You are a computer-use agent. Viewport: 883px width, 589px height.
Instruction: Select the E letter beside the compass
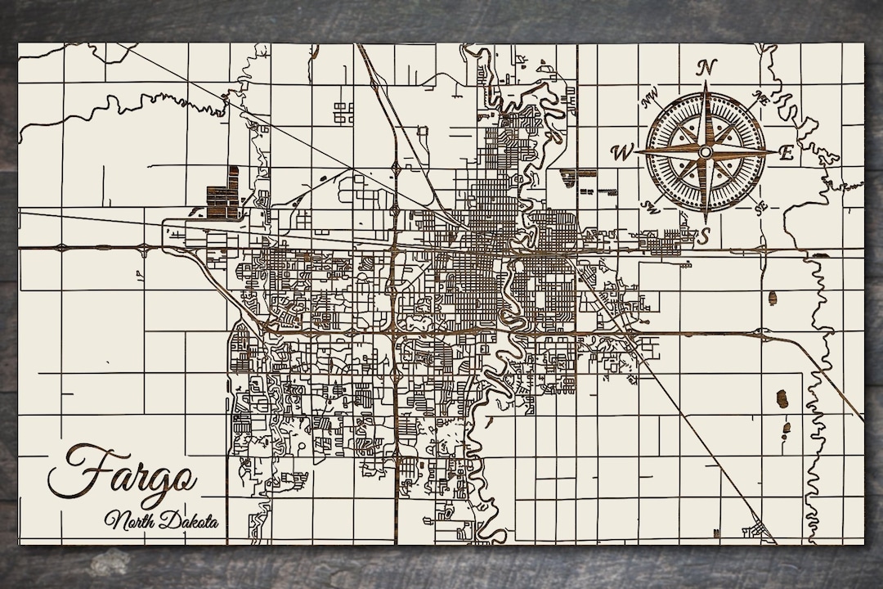coord(787,152)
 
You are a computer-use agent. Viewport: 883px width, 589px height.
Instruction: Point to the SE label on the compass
coord(761,207)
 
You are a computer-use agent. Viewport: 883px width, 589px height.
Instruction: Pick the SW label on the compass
coord(652,205)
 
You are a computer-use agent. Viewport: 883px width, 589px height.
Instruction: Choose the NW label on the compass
coord(651,100)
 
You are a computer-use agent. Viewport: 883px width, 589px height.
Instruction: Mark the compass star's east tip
coord(777,151)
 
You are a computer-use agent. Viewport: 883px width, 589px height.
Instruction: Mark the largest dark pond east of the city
coord(781,398)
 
